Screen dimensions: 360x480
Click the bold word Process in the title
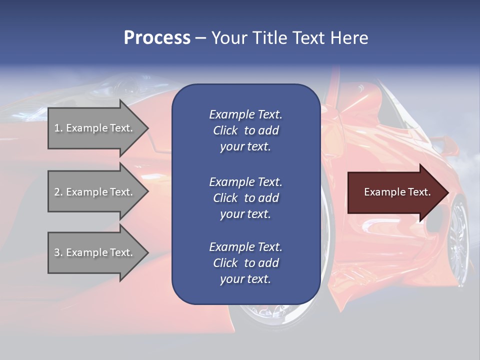tap(157, 38)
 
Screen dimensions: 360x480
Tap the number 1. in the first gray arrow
tap(58, 128)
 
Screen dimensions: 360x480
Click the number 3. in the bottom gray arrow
tap(58, 252)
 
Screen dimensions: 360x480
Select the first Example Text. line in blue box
tap(245, 114)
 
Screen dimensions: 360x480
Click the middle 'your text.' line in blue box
tap(245, 214)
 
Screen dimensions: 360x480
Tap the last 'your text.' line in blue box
tap(245, 279)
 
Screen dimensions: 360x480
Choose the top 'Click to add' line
tap(245, 130)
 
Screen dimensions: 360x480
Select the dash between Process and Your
tap(200, 38)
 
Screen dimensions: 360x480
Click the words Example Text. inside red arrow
tap(397, 192)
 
